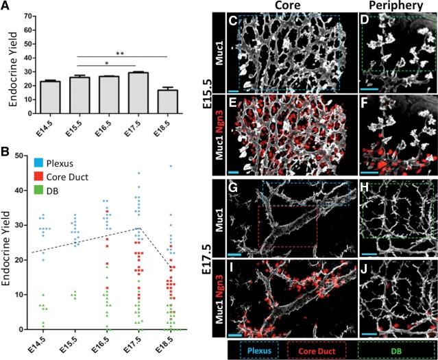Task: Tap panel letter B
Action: [x=5, y=146]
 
